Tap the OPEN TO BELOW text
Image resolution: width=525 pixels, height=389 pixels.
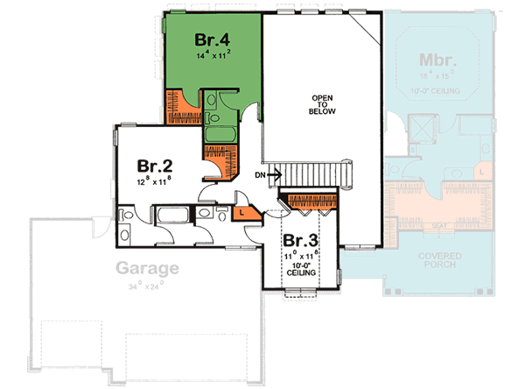point(323,105)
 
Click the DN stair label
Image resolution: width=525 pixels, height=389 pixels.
point(260,175)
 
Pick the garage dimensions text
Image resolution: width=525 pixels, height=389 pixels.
point(145,286)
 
